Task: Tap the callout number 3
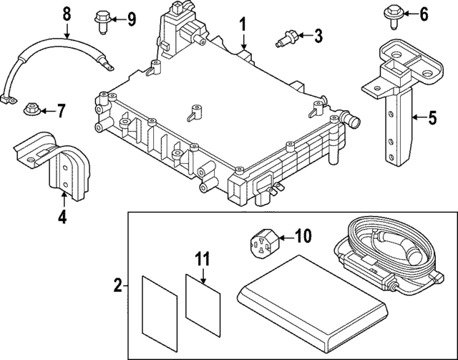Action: click(x=318, y=34)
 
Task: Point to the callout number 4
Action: click(x=62, y=215)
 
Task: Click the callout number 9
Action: click(x=131, y=19)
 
